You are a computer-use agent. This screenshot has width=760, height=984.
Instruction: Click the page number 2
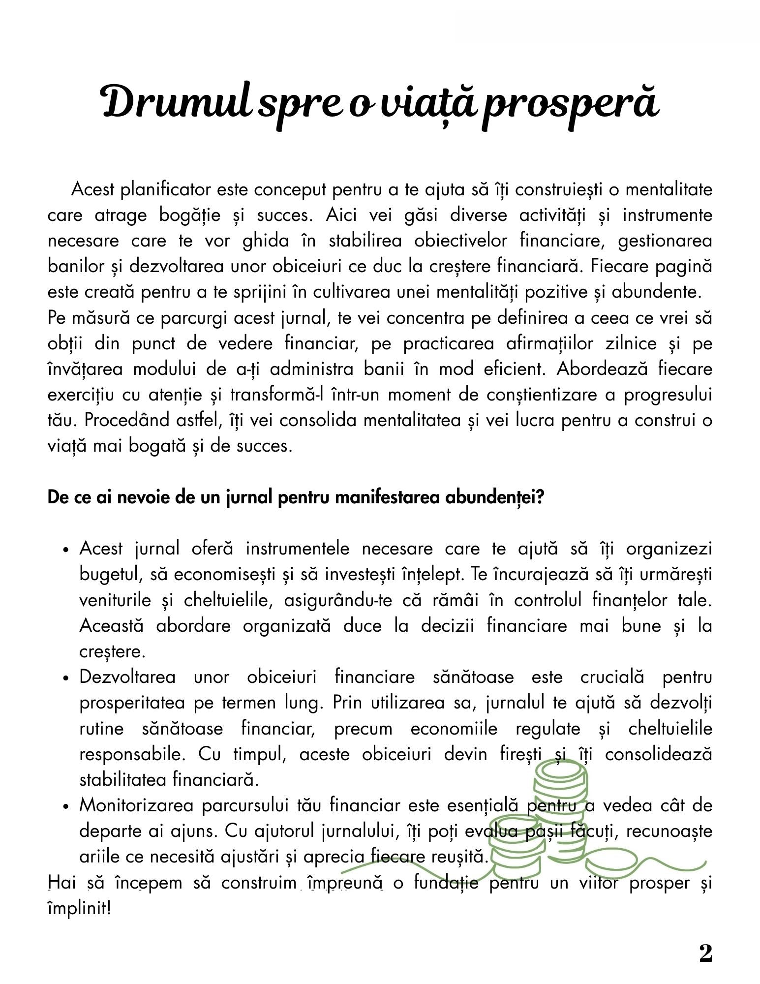click(x=705, y=953)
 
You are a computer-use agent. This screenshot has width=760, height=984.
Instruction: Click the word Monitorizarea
click(x=137, y=805)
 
